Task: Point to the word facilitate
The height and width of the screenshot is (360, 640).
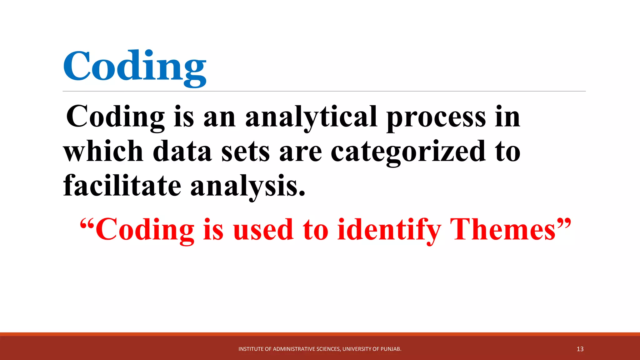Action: tap(122, 186)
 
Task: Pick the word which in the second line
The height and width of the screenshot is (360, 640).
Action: tap(103, 152)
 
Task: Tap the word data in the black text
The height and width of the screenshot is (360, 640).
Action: tap(182, 152)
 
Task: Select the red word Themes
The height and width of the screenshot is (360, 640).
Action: tap(503, 230)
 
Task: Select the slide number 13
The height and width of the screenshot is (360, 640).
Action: tap(580, 349)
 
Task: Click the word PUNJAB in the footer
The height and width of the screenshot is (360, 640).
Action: tap(391, 349)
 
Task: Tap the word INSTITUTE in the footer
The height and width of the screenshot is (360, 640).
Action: tap(251, 349)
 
